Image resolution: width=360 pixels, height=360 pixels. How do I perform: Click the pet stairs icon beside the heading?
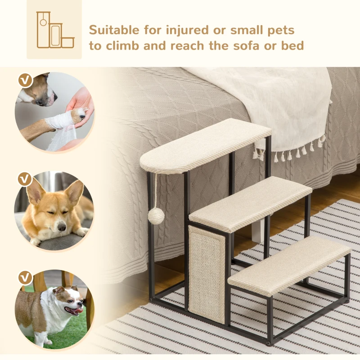coord(54,30)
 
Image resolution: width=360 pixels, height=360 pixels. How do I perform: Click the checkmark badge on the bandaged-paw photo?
coord(26,81)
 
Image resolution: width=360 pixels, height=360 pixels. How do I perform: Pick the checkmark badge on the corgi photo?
coord(25,180)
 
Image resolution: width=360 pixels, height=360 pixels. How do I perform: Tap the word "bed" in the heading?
coord(293,45)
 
